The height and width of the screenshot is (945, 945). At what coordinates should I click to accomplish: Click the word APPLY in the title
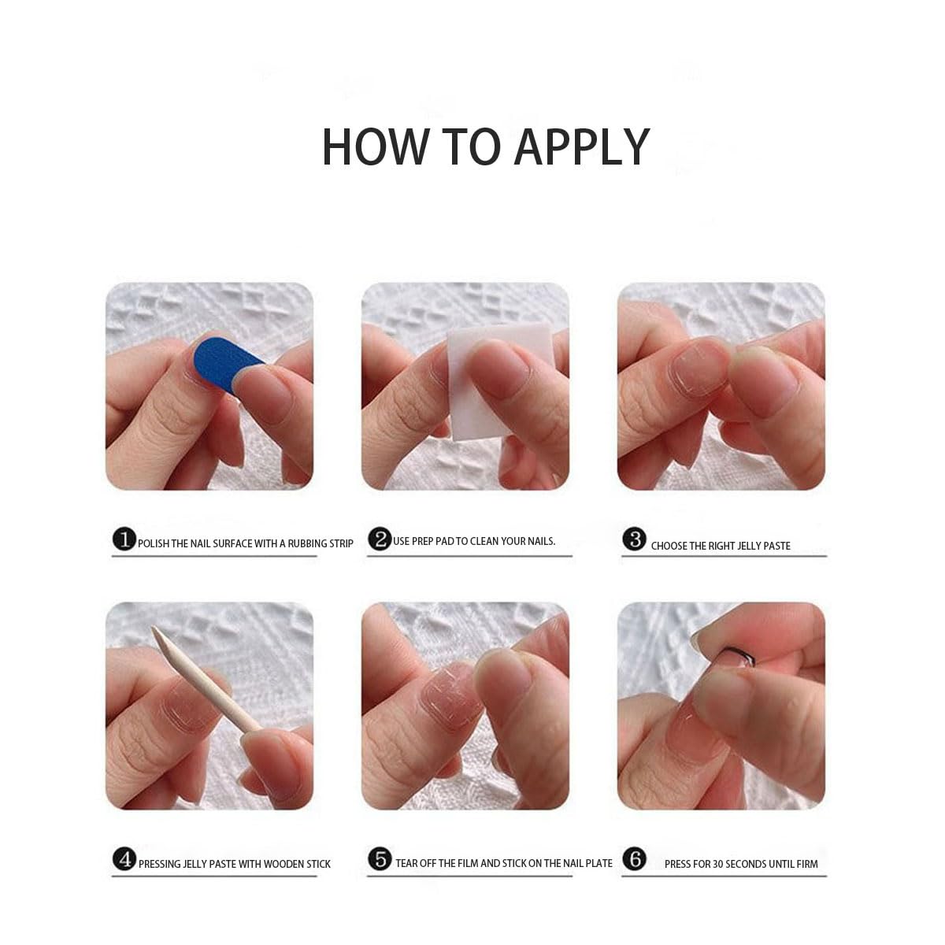coord(582,146)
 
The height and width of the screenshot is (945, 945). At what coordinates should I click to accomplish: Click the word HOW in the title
coord(374,146)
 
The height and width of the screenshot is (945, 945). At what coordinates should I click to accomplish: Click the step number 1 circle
coord(124,539)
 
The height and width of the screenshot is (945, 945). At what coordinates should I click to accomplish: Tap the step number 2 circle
coord(380,539)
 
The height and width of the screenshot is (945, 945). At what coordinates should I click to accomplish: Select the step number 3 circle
coord(635,539)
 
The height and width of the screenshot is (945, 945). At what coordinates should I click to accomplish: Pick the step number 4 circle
coord(124,859)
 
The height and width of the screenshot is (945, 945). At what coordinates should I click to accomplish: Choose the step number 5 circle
coord(380,859)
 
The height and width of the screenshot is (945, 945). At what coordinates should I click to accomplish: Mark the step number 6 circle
coord(635,859)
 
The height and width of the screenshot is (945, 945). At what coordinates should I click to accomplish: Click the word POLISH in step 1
coord(153,544)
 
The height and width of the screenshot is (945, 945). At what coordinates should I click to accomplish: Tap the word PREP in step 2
coord(423,541)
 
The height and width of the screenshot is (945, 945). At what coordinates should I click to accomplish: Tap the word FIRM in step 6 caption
coord(807,864)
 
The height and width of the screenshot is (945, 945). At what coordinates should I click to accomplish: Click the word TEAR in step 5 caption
coord(406,863)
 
